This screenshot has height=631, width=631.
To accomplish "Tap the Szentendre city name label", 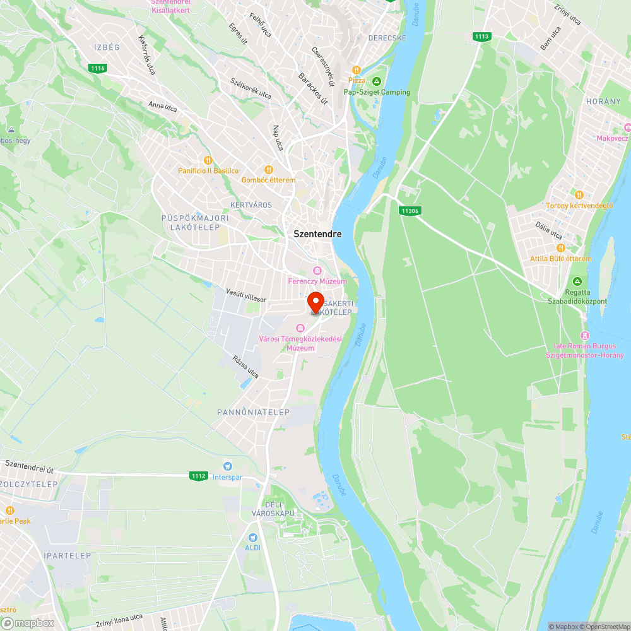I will pyautogui.click(x=317, y=233).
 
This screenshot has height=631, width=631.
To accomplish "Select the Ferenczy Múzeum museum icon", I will pyautogui.click(x=317, y=271).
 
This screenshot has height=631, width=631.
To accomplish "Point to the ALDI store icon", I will pyautogui.click(x=252, y=538).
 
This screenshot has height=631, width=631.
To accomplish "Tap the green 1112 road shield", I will pyautogui.click(x=198, y=476).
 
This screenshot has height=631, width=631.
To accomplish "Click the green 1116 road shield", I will pyautogui.click(x=97, y=68).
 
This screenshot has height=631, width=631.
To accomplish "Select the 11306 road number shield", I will pyautogui.click(x=410, y=211).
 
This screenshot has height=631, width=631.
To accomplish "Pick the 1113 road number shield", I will pyautogui.click(x=481, y=37).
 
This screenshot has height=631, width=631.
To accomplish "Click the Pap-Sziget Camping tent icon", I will pyautogui.click(x=377, y=81).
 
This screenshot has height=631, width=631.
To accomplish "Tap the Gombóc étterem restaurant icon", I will pyautogui.click(x=268, y=169).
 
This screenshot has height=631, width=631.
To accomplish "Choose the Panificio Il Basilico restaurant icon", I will pyautogui.click(x=208, y=160).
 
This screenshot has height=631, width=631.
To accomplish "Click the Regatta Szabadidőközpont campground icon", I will pyautogui.click(x=577, y=281).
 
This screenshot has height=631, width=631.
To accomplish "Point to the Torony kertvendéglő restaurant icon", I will pyautogui.click(x=579, y=195).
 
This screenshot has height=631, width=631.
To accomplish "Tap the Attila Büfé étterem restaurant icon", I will pyautogui.click(x=560, y=249).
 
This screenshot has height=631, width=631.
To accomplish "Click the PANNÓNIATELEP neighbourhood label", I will pyautogui.click(x=253, y=412).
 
